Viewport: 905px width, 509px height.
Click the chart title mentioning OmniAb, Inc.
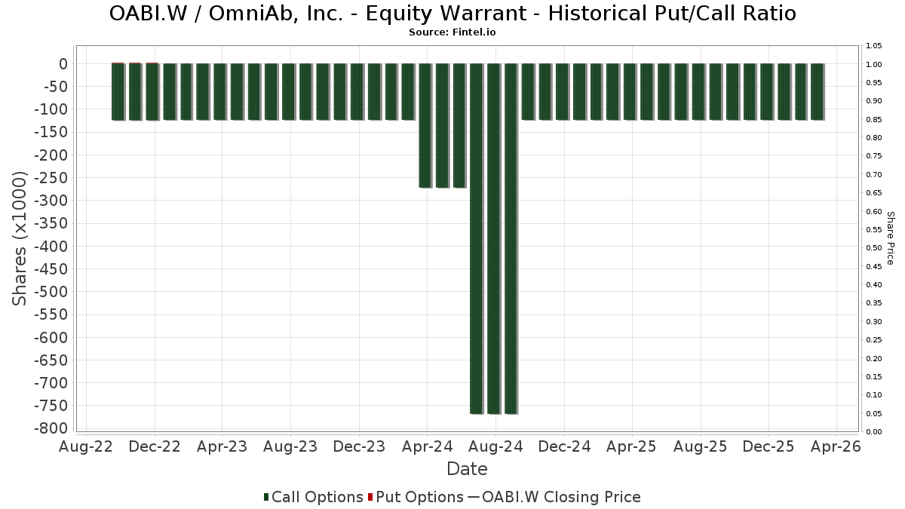pyautogui.click(x=452, y=14)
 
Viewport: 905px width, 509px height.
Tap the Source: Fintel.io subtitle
pyautogui.click(x=452, y=32)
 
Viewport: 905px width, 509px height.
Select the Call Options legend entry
pyautogui.click(x=314, y=497)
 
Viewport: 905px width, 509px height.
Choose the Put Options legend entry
pyautogui.click(x=416, y=497)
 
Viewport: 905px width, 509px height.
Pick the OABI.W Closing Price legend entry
pyautogui.click(x=554, y=497)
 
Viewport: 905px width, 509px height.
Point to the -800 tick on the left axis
pyautogui.click(x=51, y=428)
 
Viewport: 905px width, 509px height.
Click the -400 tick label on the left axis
pyautogui.click(x=51, y=246)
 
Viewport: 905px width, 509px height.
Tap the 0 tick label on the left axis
pyautogui.click(x=63, y=64)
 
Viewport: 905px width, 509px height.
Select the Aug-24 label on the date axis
pyautogui.click(x=495, y=446)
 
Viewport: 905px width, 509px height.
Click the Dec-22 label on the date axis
pyautogui.click(x=155, y=446)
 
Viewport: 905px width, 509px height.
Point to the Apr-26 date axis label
pyautogui.click(x=836, y=446)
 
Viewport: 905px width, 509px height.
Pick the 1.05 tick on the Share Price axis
pyautogui.click(x=874, y=46)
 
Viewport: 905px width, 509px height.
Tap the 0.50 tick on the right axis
pyautogui.click(x=874, y=247)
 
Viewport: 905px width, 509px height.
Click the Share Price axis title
pyautogui.click(x=890, y=238)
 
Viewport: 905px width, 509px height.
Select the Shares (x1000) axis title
pyautogui.click(x=19, y=238)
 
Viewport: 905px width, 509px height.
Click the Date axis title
pyautogui.click(x=467, y=469)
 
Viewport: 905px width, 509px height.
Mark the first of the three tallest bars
pyautogui.click(x=477, y=239)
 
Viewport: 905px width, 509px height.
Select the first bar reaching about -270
pyautogui.click(x=425, y=126)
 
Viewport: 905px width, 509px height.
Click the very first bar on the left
pyautogui.click(x=118, y=92)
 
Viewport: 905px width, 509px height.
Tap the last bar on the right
pyautogui.click(x=818, y=92)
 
